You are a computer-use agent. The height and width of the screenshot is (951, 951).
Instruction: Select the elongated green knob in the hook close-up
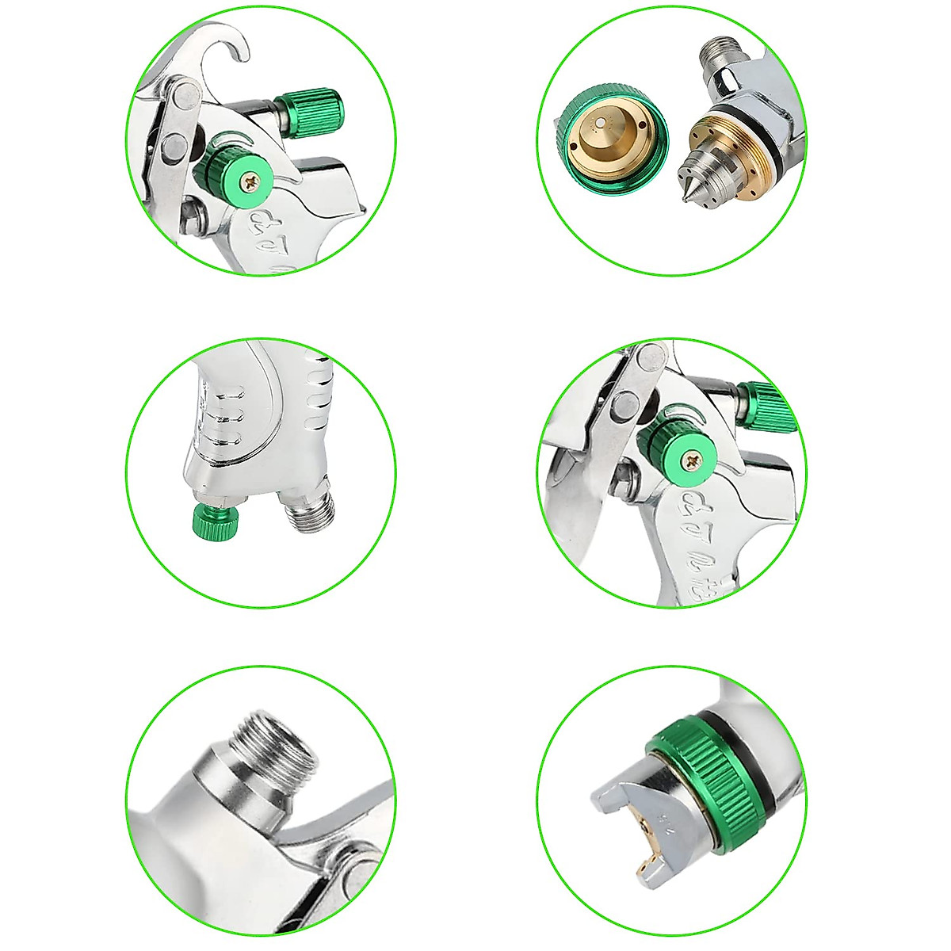point(309,105)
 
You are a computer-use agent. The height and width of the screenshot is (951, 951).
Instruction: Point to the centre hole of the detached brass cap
point(604,123)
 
